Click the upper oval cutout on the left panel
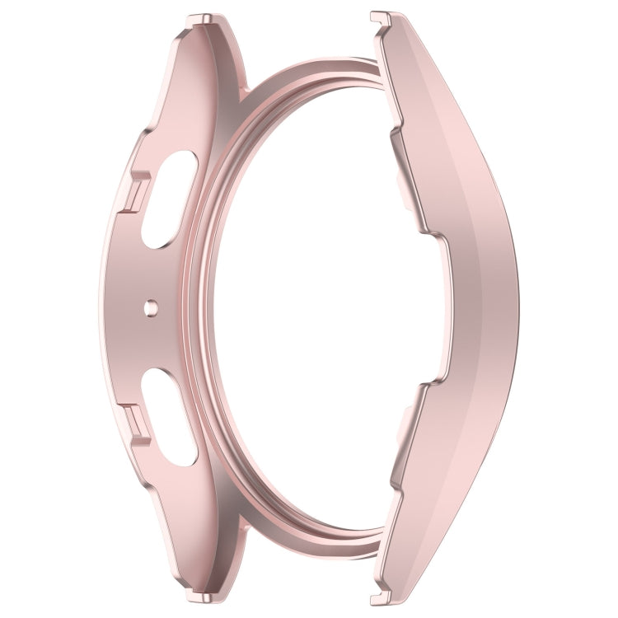click(168, 202)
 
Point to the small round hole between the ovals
click(149, 307)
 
